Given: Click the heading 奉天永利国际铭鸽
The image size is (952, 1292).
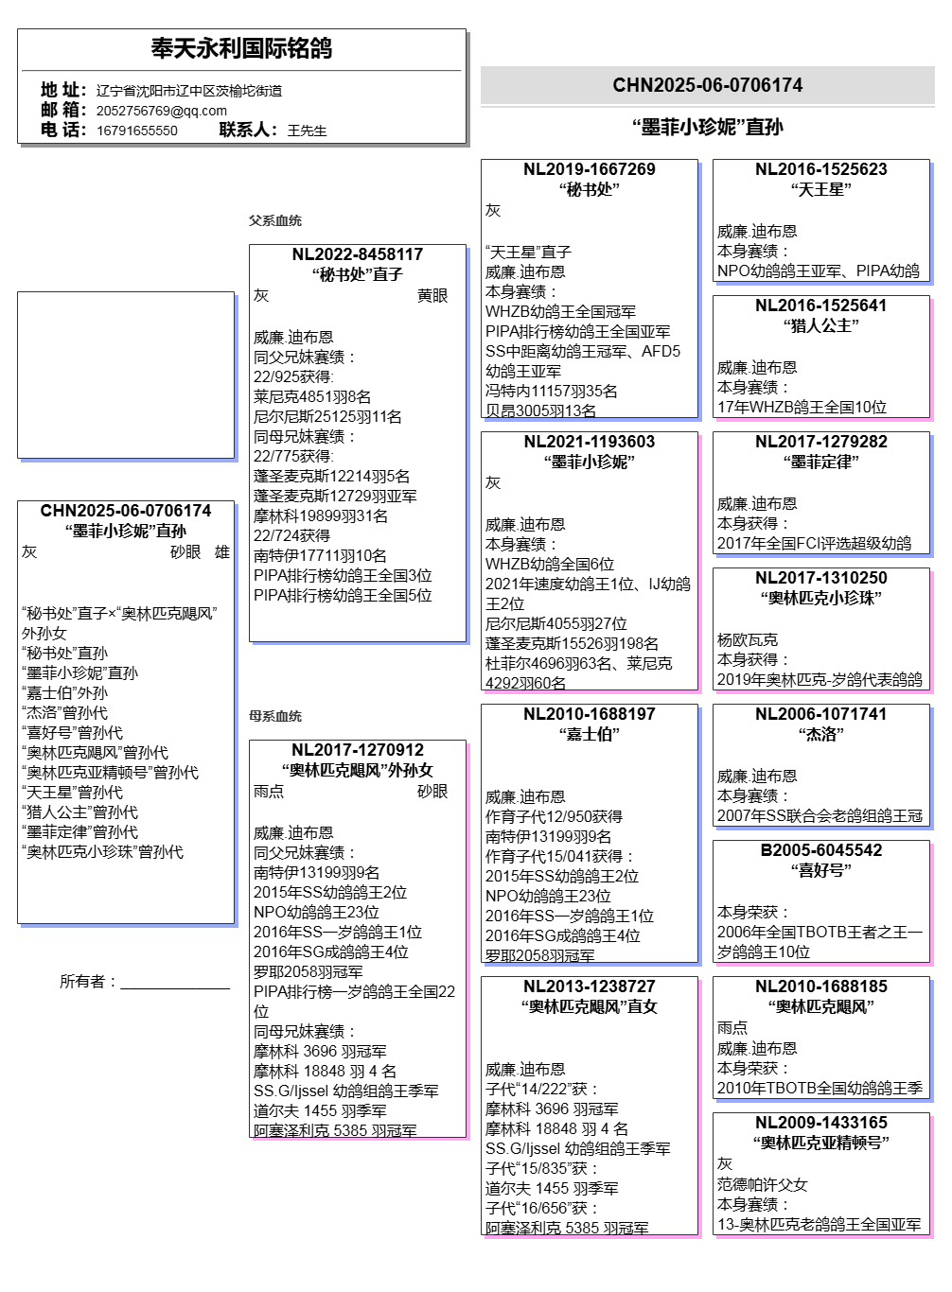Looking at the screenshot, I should pyautogui.click(x=241, y=48).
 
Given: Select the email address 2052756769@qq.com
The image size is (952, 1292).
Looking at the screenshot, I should pyautogui.click(x=161, y=111).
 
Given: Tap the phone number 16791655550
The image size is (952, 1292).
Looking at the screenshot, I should pyautogui.click(x=136, y=131).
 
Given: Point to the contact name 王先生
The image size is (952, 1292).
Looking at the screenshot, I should pyautogui.click(x=307, y=131).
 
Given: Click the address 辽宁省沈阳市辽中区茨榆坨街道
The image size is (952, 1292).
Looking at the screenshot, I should pyautogui.click(x=188, y=91).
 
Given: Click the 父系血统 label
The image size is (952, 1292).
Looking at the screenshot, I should pyautogui.click(x=274, y=220).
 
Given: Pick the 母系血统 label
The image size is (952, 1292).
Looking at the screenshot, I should pyautogui.click(x=274, y=716).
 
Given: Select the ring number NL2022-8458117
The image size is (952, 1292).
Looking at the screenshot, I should pyautogui.click(x=357, y=254).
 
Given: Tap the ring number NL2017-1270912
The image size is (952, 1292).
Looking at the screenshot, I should pyautogui.click(x=357, y=750).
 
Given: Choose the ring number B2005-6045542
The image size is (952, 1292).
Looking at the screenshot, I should pyautogui.click(x=820, y=850).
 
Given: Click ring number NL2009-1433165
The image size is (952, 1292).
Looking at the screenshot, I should pyautogui.click(x=820, y=1123).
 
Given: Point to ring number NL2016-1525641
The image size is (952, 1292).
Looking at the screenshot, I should pyautogui.click(x=820, y=306).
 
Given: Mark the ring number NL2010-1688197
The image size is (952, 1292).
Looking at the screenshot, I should pyautogui.click(x=589, y=714).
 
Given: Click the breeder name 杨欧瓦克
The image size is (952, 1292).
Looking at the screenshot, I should pyautogui.click(x=747, y=640).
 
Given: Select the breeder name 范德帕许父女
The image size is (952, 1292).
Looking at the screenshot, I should pyautogui.click(x=762, y=1184).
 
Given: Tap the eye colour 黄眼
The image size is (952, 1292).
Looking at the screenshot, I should pyautogui.click(x=432, y=296).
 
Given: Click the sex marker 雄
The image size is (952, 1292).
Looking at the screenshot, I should pyautogui.click(x=221, y=552).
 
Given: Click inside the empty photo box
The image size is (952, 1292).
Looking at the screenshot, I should pyautogui.click(x=125, y=375).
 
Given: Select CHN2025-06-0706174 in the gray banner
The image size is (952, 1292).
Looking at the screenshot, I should pyautogui.click(x=707, y=85).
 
